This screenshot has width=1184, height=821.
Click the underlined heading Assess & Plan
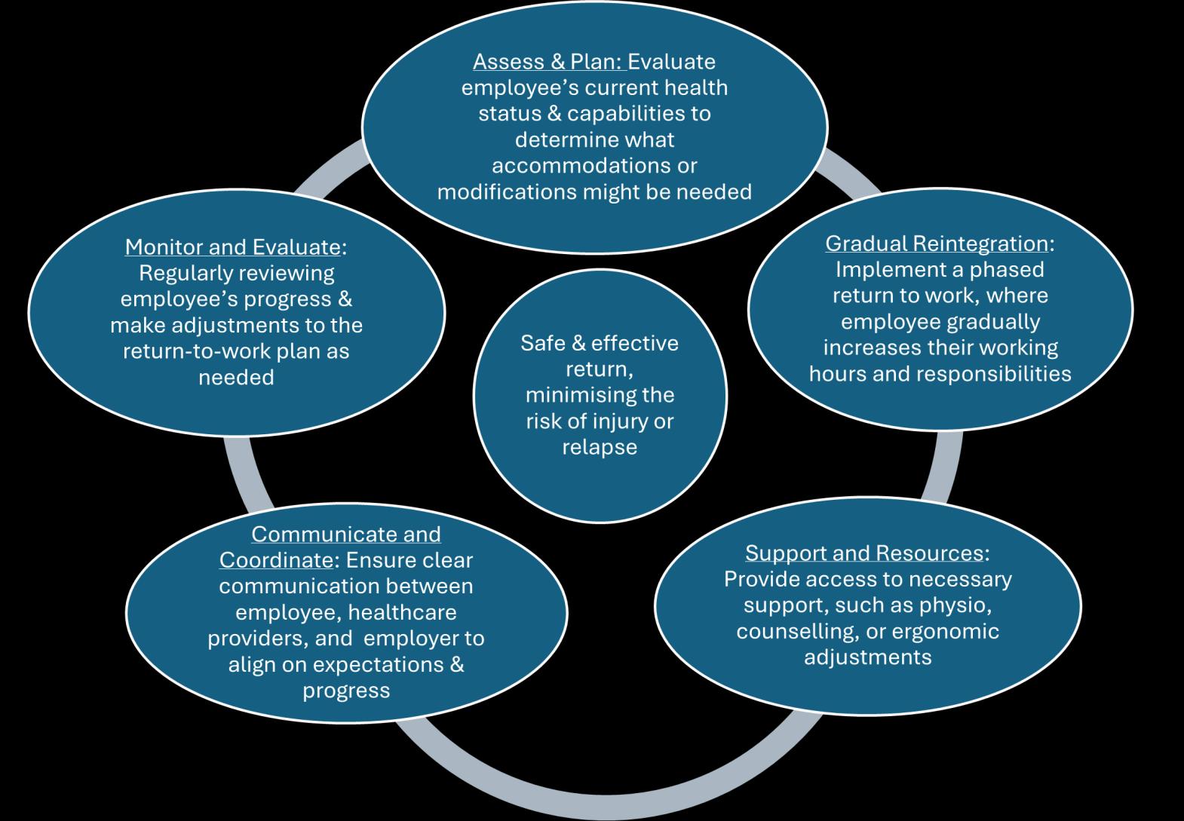tap(548, 61)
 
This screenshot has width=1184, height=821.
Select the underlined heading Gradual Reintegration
tap(936, 244)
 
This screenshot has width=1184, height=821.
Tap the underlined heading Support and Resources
tap(863, 553)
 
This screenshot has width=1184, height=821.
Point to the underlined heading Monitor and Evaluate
tap(232, 247)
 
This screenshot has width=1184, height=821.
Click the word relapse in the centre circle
tap(600, 447)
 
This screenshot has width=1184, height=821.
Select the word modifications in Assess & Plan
tap(506, 191)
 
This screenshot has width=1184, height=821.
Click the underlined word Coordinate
tap(275, 560)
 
